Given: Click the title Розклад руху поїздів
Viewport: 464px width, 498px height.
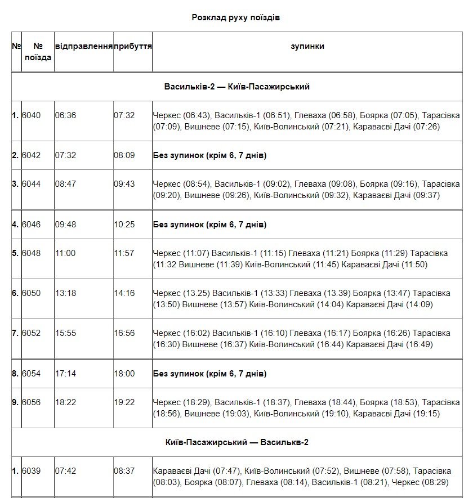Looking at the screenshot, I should [x=236, y=17].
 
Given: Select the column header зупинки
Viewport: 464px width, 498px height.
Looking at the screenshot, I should [x=307, y=47].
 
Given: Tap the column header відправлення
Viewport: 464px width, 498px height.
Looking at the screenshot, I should [x=83, y=47].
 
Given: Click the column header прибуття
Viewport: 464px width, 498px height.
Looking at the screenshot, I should [x=133, y=47].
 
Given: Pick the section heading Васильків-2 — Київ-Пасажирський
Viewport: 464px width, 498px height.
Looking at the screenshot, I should [x=237, y=87].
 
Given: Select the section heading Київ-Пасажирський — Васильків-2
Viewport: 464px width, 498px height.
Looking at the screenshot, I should [x=237, y=442].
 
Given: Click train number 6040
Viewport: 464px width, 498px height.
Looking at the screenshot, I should [x=32, y=115].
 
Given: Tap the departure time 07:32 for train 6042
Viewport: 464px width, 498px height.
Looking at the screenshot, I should [x=65, y=155].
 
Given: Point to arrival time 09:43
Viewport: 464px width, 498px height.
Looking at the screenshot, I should [x=124, y=184].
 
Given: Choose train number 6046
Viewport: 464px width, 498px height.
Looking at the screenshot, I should [x=32, y=225].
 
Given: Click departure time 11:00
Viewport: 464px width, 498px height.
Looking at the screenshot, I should [x=65, y=253].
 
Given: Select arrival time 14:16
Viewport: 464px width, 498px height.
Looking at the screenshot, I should [x=124, y=293].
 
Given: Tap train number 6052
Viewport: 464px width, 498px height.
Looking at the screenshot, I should [x=32, y=333].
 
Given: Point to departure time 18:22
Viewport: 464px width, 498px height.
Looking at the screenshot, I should [x=65, y=402].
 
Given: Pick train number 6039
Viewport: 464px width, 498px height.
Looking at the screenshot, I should [x=32, y=471].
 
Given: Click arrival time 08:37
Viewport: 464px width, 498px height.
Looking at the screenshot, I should [x=124, y=471].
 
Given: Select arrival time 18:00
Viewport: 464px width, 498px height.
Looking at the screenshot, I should [x=124, y=374].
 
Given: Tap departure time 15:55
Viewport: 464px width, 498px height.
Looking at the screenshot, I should [x=65, y=333].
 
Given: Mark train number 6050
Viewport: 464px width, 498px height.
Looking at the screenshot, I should [x=32, y=293].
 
